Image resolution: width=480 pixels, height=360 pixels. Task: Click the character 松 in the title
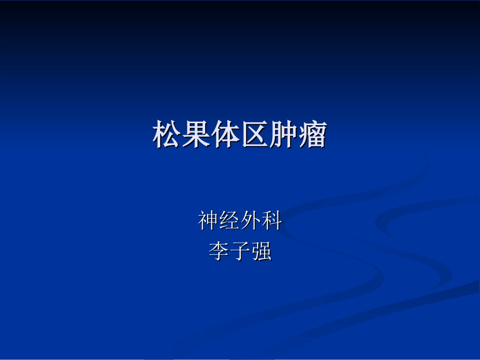167,135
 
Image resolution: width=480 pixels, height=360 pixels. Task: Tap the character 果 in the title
196,135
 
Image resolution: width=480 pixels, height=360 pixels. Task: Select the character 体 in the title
225,135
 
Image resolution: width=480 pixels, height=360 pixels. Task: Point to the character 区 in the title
254,135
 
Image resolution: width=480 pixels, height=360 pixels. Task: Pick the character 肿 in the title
283,135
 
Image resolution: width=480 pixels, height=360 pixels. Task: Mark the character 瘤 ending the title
312,135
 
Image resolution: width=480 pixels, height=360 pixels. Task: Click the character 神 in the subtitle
209,221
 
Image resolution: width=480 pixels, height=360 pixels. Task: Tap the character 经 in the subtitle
230,221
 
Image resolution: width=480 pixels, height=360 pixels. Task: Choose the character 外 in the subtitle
251,221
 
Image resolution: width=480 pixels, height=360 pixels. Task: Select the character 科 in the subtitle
271,221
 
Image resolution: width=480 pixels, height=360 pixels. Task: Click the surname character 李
219,251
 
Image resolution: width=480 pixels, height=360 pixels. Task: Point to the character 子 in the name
240,251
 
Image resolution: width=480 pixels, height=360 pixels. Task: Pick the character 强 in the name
261,251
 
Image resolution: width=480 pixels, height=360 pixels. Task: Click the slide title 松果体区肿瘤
240,135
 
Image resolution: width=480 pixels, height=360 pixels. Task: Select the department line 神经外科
240,221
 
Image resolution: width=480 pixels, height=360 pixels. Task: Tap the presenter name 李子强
240,251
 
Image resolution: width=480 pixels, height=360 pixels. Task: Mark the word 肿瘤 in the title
298,135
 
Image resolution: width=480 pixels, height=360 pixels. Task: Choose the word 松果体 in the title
196,135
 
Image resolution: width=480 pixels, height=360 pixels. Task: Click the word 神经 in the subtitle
219,221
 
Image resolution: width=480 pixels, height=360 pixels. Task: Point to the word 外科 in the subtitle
261,221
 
